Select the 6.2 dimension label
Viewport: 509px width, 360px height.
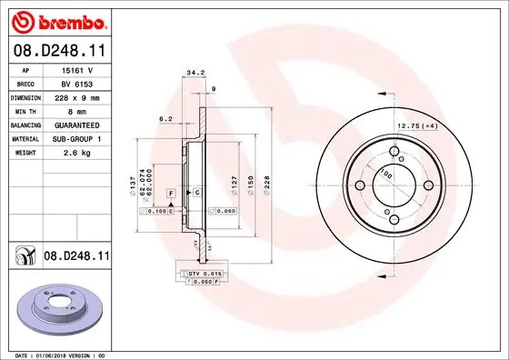(165, 118)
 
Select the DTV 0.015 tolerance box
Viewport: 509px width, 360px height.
(204, 273)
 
